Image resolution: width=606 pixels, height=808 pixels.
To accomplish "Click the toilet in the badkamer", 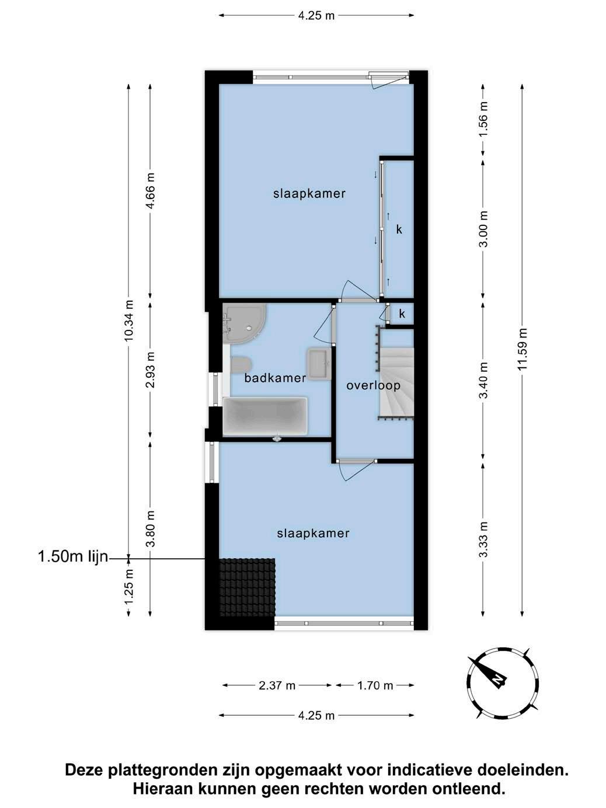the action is tap(241, 364).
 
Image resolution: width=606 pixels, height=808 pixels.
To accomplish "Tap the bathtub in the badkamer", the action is tap(265, 416).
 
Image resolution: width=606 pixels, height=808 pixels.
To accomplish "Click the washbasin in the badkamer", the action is tap(319, 364).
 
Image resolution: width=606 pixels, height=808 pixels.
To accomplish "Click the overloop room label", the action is tap(373, 385).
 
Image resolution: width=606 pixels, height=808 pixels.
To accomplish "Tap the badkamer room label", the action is tap(275, 378).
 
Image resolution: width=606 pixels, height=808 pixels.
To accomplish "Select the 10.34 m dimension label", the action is tap(128, 321).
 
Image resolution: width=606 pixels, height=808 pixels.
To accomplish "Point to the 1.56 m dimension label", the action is tap(483, 119).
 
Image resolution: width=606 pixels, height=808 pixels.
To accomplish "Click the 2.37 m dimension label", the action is tap(277, 685).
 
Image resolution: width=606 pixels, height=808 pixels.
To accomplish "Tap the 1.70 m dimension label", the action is tap(375, 685).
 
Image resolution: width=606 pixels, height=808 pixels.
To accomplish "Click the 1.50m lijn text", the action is tap(73, 556).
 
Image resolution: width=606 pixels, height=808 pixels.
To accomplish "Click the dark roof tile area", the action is tap(248, 587).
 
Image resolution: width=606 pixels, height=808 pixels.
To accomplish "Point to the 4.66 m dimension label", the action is tap(151, 190).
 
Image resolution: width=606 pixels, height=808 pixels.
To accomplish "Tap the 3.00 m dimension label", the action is tap(483, 229).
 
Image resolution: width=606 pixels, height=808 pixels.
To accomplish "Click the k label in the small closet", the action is tap(402, 314).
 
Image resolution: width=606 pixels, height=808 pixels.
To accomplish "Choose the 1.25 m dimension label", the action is tap(128, 586).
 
